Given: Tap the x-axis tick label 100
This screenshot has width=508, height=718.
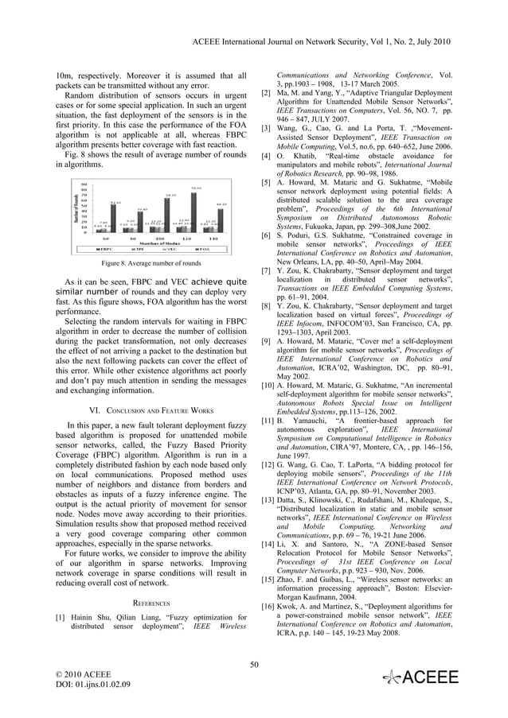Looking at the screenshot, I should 159,239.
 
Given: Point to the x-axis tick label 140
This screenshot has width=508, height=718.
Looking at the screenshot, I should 213,239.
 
